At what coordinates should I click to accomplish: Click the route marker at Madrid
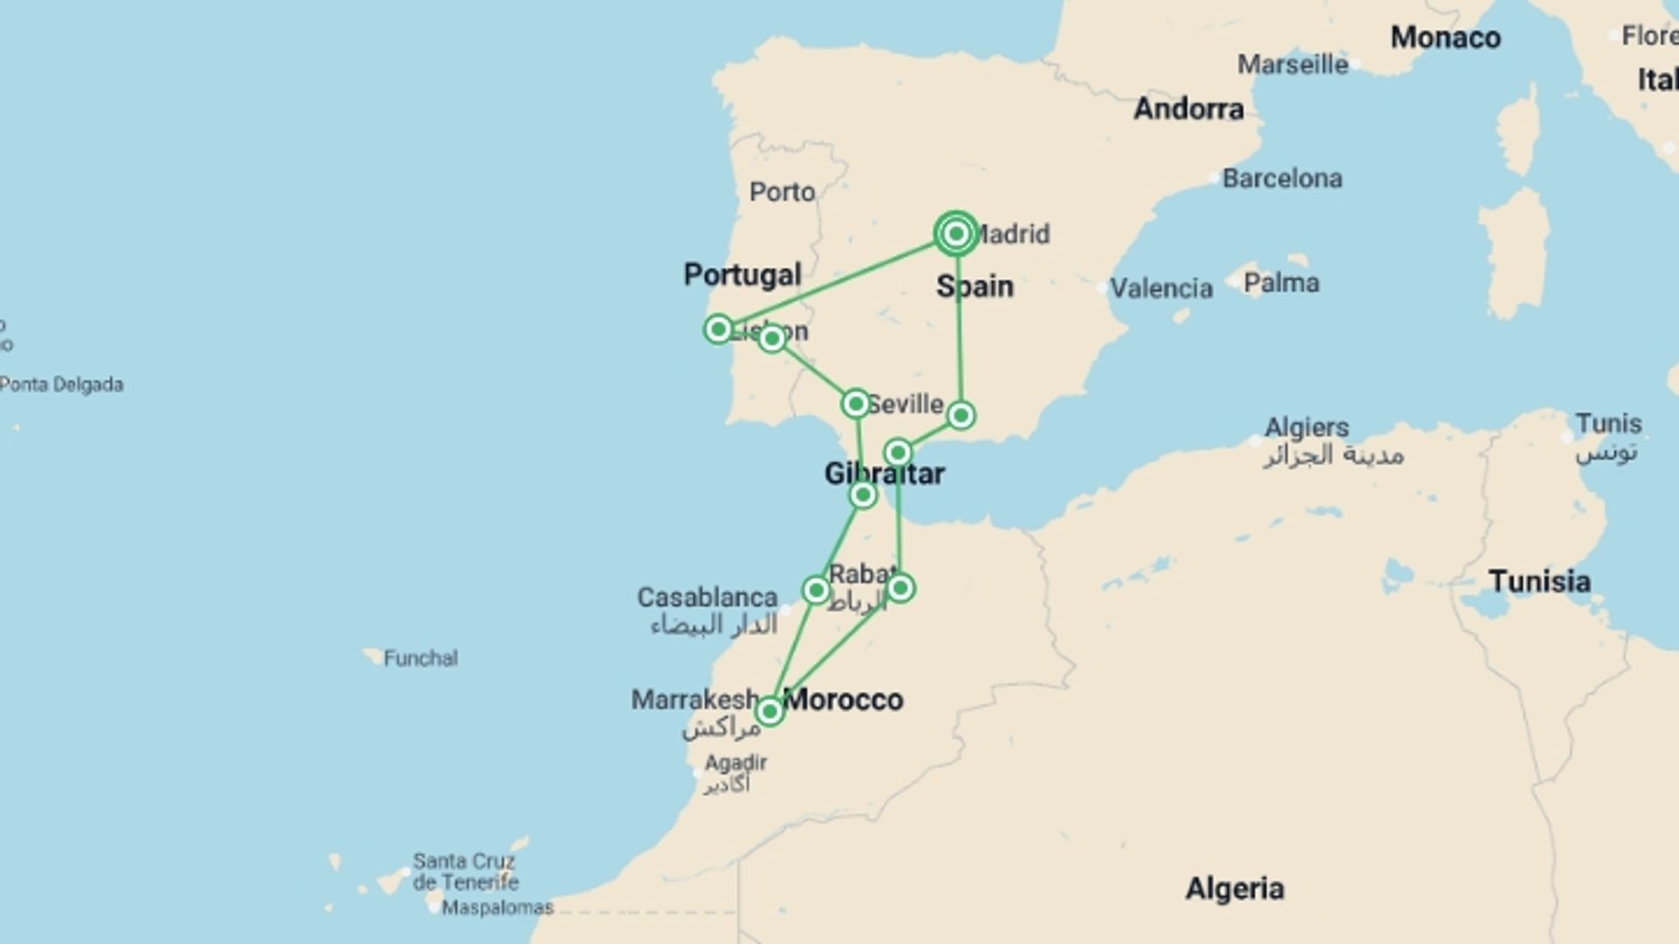coord(956,233)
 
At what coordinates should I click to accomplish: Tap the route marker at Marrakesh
coord(770,711)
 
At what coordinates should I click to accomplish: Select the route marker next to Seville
coord(855,403)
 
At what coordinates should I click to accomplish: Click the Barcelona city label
coord(1281,178)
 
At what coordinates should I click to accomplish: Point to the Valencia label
coord(1160,288)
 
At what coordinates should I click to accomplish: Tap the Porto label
coord(782,191)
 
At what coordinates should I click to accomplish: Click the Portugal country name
coord(742,274)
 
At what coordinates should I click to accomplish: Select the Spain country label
coord(974,286)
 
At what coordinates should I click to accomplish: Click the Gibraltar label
coord(884,474)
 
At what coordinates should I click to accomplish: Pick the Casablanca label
coord(707,598)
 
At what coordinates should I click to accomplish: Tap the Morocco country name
coord(843,699)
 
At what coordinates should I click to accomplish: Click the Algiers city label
coord(1306,427)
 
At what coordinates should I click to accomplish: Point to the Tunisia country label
coord(1539,581)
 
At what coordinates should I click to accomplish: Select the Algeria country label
coord(1234,889)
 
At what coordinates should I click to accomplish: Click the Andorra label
coord(1188,108)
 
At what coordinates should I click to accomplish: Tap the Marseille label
coord(1292,65)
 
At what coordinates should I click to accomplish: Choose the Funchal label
coord(420,658)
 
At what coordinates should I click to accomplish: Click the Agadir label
coord(735,763)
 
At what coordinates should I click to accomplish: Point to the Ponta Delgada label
coord(61,385)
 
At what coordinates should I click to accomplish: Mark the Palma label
coord(1281,283)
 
